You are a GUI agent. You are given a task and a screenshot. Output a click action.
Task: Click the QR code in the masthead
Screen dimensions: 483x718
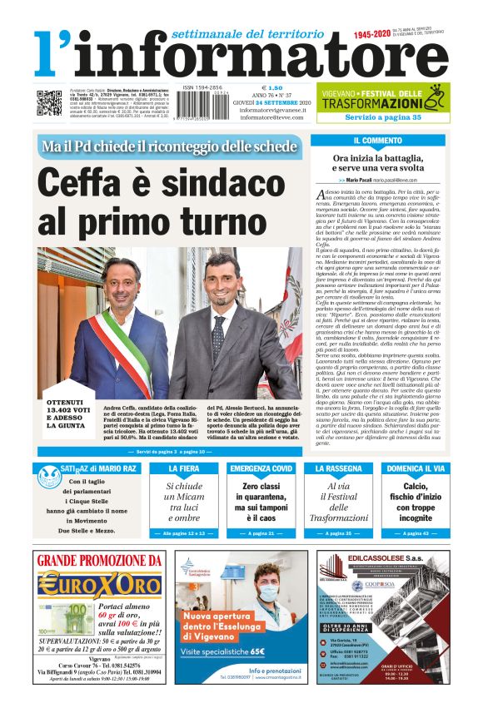coord(49,102)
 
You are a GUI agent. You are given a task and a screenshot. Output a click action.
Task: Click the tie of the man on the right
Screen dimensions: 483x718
coord(218,337)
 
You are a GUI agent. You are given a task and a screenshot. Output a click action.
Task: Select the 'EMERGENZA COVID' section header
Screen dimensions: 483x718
coord(261,469)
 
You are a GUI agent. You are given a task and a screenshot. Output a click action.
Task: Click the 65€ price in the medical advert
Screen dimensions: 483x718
coord(240,651)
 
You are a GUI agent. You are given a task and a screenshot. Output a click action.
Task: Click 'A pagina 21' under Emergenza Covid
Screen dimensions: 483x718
coord(261,532)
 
